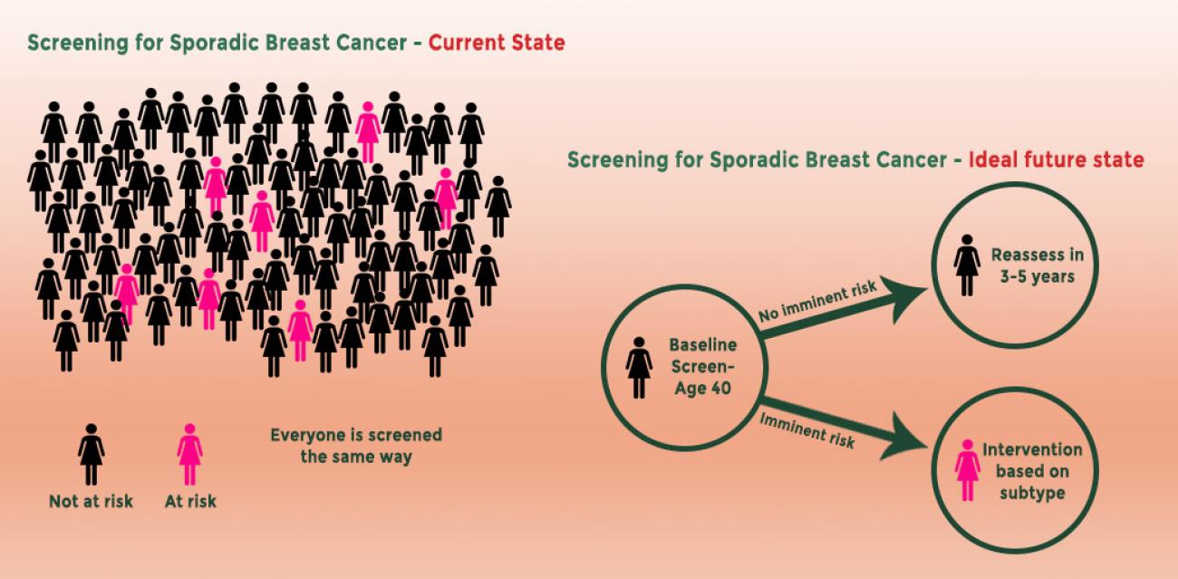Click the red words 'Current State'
(x=497, y=43)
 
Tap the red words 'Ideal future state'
(x=1056, y=159)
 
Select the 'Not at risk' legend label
(x=91, y=501)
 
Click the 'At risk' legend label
(x=190, y=501)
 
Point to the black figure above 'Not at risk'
(x=91, y=454)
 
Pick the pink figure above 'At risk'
(x=190, y=454)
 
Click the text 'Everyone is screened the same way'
(x=356, y=446)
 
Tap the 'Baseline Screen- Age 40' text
(x=702, y=367)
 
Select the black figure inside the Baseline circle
(x=639, y=368)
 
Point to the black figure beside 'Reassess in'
(x=967, y=265)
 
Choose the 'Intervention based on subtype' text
(x=1032, y=471)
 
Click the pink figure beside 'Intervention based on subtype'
(x=968, y=470)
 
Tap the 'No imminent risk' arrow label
(x=817, y=300)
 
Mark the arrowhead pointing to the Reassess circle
(x=903, y=298)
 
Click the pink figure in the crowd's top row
(x=368, y=131)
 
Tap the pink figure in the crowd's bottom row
(x=300, y=330)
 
